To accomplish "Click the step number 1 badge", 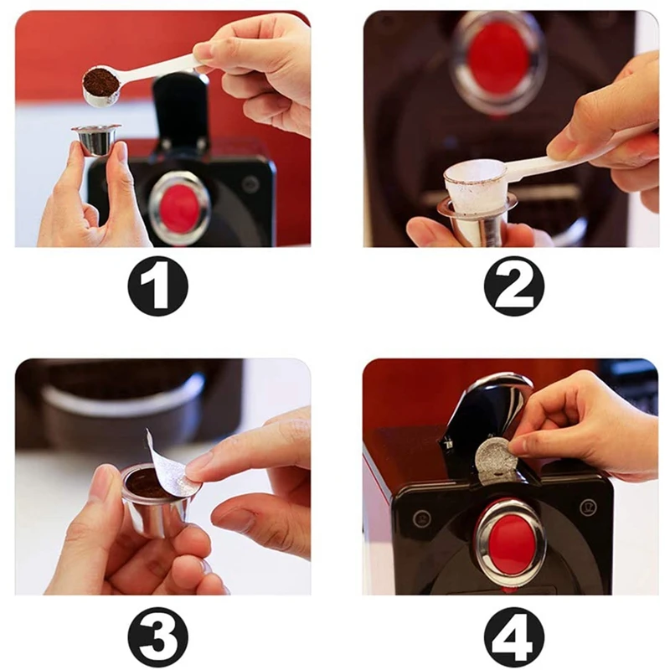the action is pyautogui.click(x=158, y=286).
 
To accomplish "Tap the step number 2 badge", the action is pyautogui.click(x=514, y=286).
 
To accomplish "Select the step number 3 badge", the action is pyautogui.click(x=158, y=633).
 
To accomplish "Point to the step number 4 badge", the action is pyautogui.click(x=514, y=633).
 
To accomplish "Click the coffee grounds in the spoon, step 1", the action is pyautogui.click(x=99, y=77).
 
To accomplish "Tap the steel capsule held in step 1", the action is pyautogui.click(x=96, y=140).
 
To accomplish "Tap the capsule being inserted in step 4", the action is pyautogui.click(x=494, y=460).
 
